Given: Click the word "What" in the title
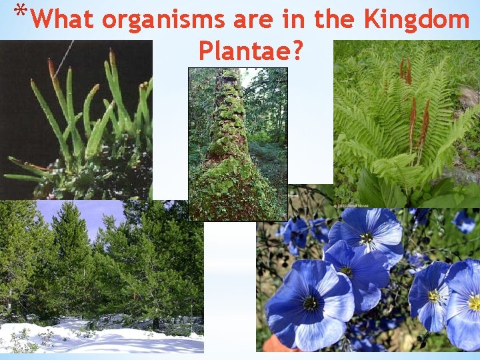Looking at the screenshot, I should [x=63, y=19].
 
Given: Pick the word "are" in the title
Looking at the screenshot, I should [x=256, y=19].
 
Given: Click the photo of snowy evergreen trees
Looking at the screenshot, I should [x=100, y=267].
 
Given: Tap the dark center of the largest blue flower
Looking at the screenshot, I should [x=310, y=303].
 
